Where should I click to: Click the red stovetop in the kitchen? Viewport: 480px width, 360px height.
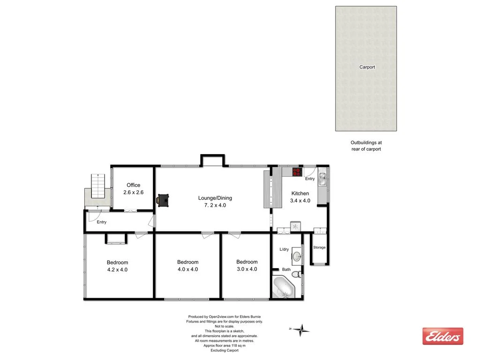(296, 172)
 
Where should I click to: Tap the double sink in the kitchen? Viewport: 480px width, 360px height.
(322, 180)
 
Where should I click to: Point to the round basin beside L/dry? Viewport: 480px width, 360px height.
(297, 256)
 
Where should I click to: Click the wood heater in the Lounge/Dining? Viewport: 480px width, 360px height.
(164, 200)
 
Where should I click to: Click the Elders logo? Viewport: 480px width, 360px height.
(442, 336)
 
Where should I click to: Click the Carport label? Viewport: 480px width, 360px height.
(367, 67)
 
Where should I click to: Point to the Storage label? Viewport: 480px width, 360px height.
(319, 247)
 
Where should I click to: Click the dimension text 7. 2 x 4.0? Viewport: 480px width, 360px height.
(215, 205)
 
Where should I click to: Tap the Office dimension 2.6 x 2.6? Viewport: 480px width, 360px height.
(134, 193)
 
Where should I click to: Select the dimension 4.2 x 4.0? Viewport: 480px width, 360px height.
(117, 270)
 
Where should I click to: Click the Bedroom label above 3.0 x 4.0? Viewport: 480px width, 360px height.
(247, 262)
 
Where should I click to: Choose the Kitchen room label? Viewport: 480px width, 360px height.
(300, 194)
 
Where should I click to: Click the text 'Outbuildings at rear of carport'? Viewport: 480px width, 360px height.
(366, 146)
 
